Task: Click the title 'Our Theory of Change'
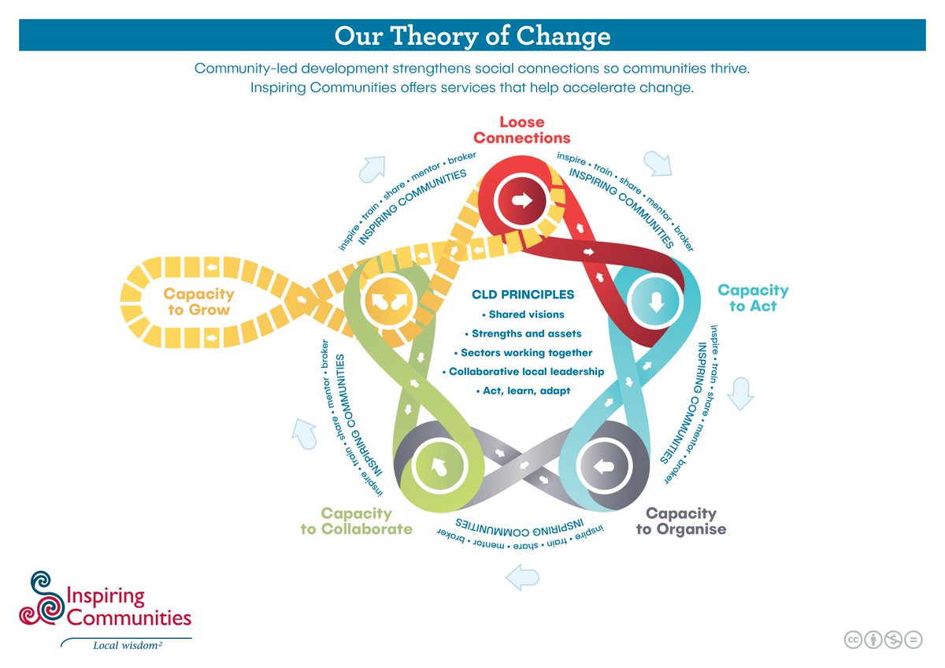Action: coord(472,36)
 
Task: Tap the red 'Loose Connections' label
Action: coord(521,130)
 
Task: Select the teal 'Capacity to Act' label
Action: coord(752,298)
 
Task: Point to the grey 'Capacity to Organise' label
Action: coord(680,521)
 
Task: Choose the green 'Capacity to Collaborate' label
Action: coord(356,521)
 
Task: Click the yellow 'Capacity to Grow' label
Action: coord(199,301)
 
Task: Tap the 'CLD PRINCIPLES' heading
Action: coord(523,295)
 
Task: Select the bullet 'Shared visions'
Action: coord(523,314)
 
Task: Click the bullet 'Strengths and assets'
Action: coord(523,333)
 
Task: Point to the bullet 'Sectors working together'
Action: coord(523,352)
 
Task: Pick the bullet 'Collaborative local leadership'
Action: coord(523,371)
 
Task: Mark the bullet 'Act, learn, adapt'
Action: coord(523,391)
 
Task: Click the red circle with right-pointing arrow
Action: coord(521,201)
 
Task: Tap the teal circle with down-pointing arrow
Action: coord(658,302)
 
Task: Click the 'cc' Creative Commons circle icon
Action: coord(853,640)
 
